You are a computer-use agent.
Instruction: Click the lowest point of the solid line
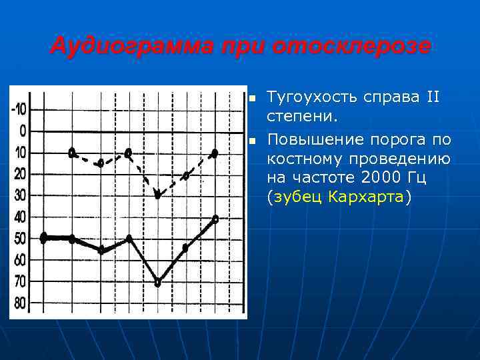[x=157, y=283]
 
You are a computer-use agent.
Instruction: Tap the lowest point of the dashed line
[x=157, y=195]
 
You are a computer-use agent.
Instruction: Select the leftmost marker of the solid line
[x=44, y=238]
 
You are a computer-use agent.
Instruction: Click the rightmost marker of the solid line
[x=215, y=218]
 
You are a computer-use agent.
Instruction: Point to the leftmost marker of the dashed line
[x=72, y=152]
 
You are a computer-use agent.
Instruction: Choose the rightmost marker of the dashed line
[x=215, y=153]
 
